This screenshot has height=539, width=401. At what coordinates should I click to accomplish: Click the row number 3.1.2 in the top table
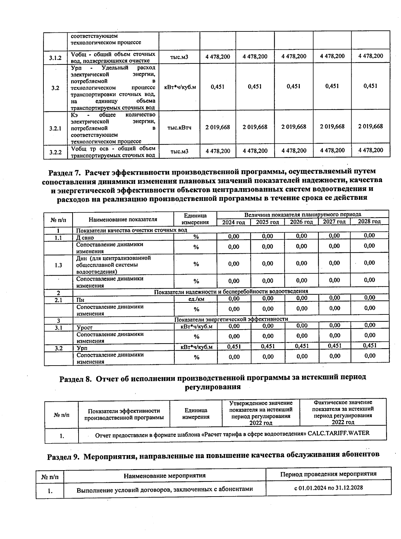pyautogui.click(x=55, y=58)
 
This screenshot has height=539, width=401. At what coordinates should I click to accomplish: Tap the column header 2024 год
pyautogui.click(x=234, y=223)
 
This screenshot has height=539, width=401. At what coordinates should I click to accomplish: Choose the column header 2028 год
pyautogui.click(x=369, y=222)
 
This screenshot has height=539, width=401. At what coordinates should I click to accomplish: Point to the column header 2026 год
pyautogui.click(x=301, y=222)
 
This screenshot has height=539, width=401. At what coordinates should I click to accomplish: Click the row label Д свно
pyautogui.click(x=85, y=238)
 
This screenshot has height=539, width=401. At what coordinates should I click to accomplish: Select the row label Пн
pyautogui.click(x=81, y=300)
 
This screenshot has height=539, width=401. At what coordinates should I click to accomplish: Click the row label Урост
pyautogui.click(x=85, y=328)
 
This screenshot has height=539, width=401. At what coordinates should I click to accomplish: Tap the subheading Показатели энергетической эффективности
pyautogui.click(x=231, y=319)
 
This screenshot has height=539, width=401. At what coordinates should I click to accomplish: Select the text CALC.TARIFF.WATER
pyautogui.click(x=339, y=433)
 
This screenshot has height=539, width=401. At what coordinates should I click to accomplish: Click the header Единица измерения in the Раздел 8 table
pyautogui.click(x=196, y=414)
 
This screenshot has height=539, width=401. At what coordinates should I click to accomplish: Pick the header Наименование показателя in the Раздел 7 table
pyautogui.click(x=123, y=220)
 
